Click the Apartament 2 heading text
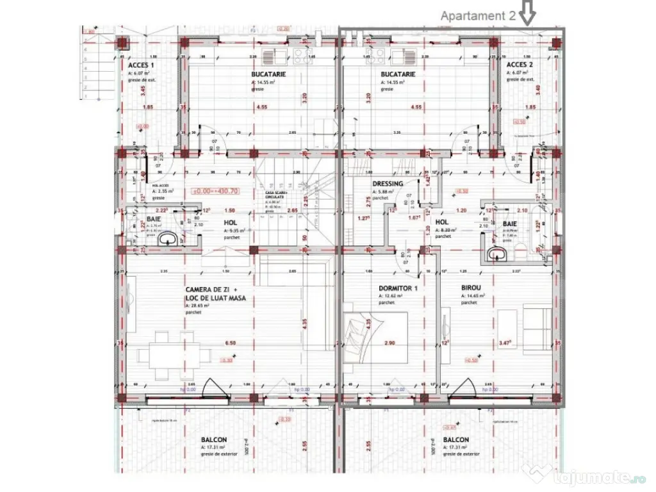tap(477, 17)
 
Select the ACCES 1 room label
tap(140, 65)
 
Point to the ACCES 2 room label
tap(520, 65)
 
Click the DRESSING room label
tap(388, 184)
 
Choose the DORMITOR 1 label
tap(398, 288)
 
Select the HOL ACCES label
tap(160, 184)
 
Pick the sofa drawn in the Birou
tap(537, 327)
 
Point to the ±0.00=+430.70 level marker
tap(215, 191)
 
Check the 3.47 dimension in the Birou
tap(505, 343)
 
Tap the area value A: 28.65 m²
tap(199, 306)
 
